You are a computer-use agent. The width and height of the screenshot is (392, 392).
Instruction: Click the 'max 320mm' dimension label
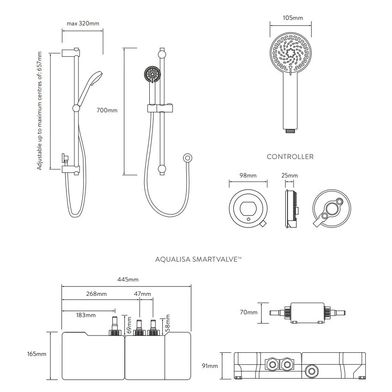click(83, 24)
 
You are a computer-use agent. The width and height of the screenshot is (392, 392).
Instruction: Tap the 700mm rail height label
click(107, 110)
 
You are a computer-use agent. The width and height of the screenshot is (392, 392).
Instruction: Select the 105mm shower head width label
click(292, 18)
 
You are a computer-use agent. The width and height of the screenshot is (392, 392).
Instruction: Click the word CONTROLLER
click(290, 157)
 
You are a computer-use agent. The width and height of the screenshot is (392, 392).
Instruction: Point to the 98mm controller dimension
click(248, 176)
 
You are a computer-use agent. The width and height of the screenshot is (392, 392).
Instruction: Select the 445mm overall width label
click(128, 280)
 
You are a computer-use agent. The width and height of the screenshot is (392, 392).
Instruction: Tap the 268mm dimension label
click(97, 294)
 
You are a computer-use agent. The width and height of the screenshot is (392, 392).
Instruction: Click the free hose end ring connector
click(187, 158)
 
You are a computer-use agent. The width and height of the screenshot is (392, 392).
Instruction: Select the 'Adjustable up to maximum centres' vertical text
click(40, 111)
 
